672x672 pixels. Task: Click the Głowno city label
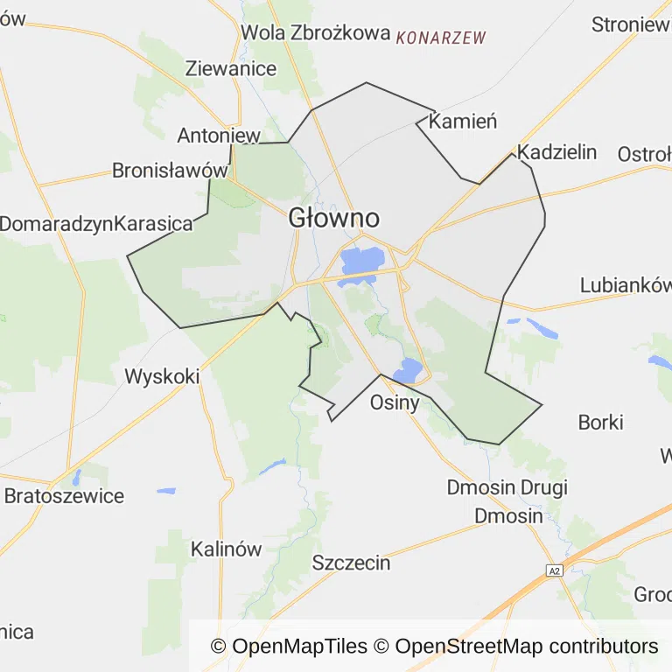click(333, 218)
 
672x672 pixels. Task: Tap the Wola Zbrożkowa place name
click(315, 32)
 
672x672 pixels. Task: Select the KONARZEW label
click(441, 38)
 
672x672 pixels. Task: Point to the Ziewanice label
click(231, 68)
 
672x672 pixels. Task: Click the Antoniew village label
click(219, 136)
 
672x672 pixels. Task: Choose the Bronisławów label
click(170, 171)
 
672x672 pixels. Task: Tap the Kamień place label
click(463, 122)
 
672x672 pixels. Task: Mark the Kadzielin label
click(557, 152)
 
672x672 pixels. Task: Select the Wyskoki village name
click(162, 377)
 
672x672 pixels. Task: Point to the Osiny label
click(395, 403)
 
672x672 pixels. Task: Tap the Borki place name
click(600, 423)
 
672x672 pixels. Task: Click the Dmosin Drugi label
click(507, 487)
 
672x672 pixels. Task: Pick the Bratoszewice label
click(64, 496)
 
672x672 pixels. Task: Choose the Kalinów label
click(227, 549)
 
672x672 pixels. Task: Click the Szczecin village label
click(352, 563)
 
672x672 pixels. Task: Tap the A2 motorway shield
click(553, 570)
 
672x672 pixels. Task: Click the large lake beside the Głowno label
click(362, 260)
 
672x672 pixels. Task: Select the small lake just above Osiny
click(409, 370)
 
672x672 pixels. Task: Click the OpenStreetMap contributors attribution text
click(527, 647)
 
